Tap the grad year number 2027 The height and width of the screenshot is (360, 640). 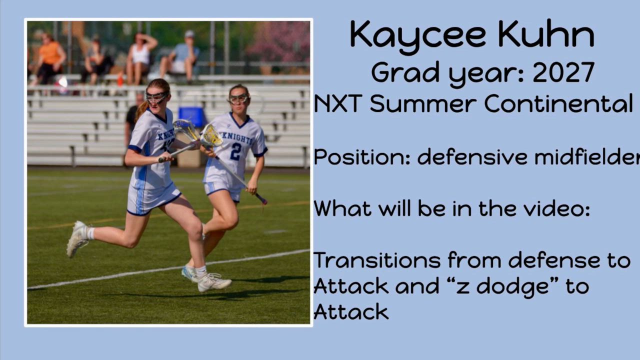pyautogui.click(x=563, y=72)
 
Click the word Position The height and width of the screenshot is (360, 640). pyautogui.click(x=362, y=156)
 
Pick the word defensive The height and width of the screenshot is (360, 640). pyautogui.click(x=472, y=156)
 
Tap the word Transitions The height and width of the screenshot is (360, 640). pyautogui.click(x=377, y=260)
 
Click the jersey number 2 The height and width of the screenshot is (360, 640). pyautogui.click(x=236, y=151)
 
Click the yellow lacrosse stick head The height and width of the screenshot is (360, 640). pyautogui.click(x=211, y=136)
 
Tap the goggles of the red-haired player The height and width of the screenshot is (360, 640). pyautogui.click(x=156, y=97)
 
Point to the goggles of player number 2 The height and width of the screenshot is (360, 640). pyautogui.click(x=238, y=99)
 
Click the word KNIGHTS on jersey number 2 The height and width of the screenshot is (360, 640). pyautogui.click(x=237, y=137)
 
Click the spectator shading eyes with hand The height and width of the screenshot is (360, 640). pyautogui.click(x=140, y=58)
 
